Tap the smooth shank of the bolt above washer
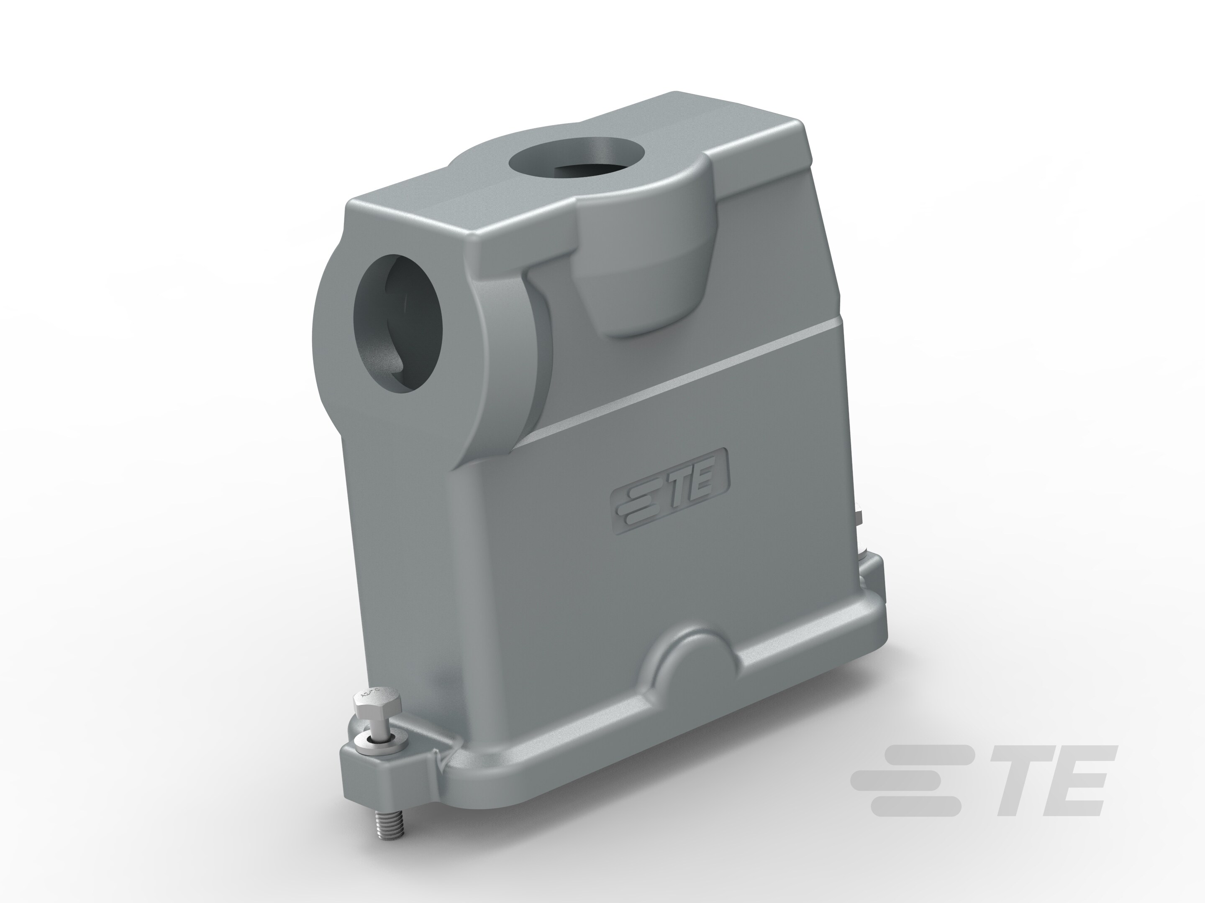378,727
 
